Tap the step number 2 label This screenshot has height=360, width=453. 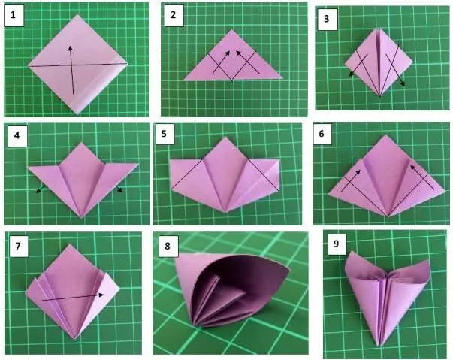coord(174,14)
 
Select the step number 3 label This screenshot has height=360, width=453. coord(325,20)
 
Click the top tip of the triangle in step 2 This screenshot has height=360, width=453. coord(231,31)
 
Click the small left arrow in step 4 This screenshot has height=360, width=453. coord(38,191)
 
